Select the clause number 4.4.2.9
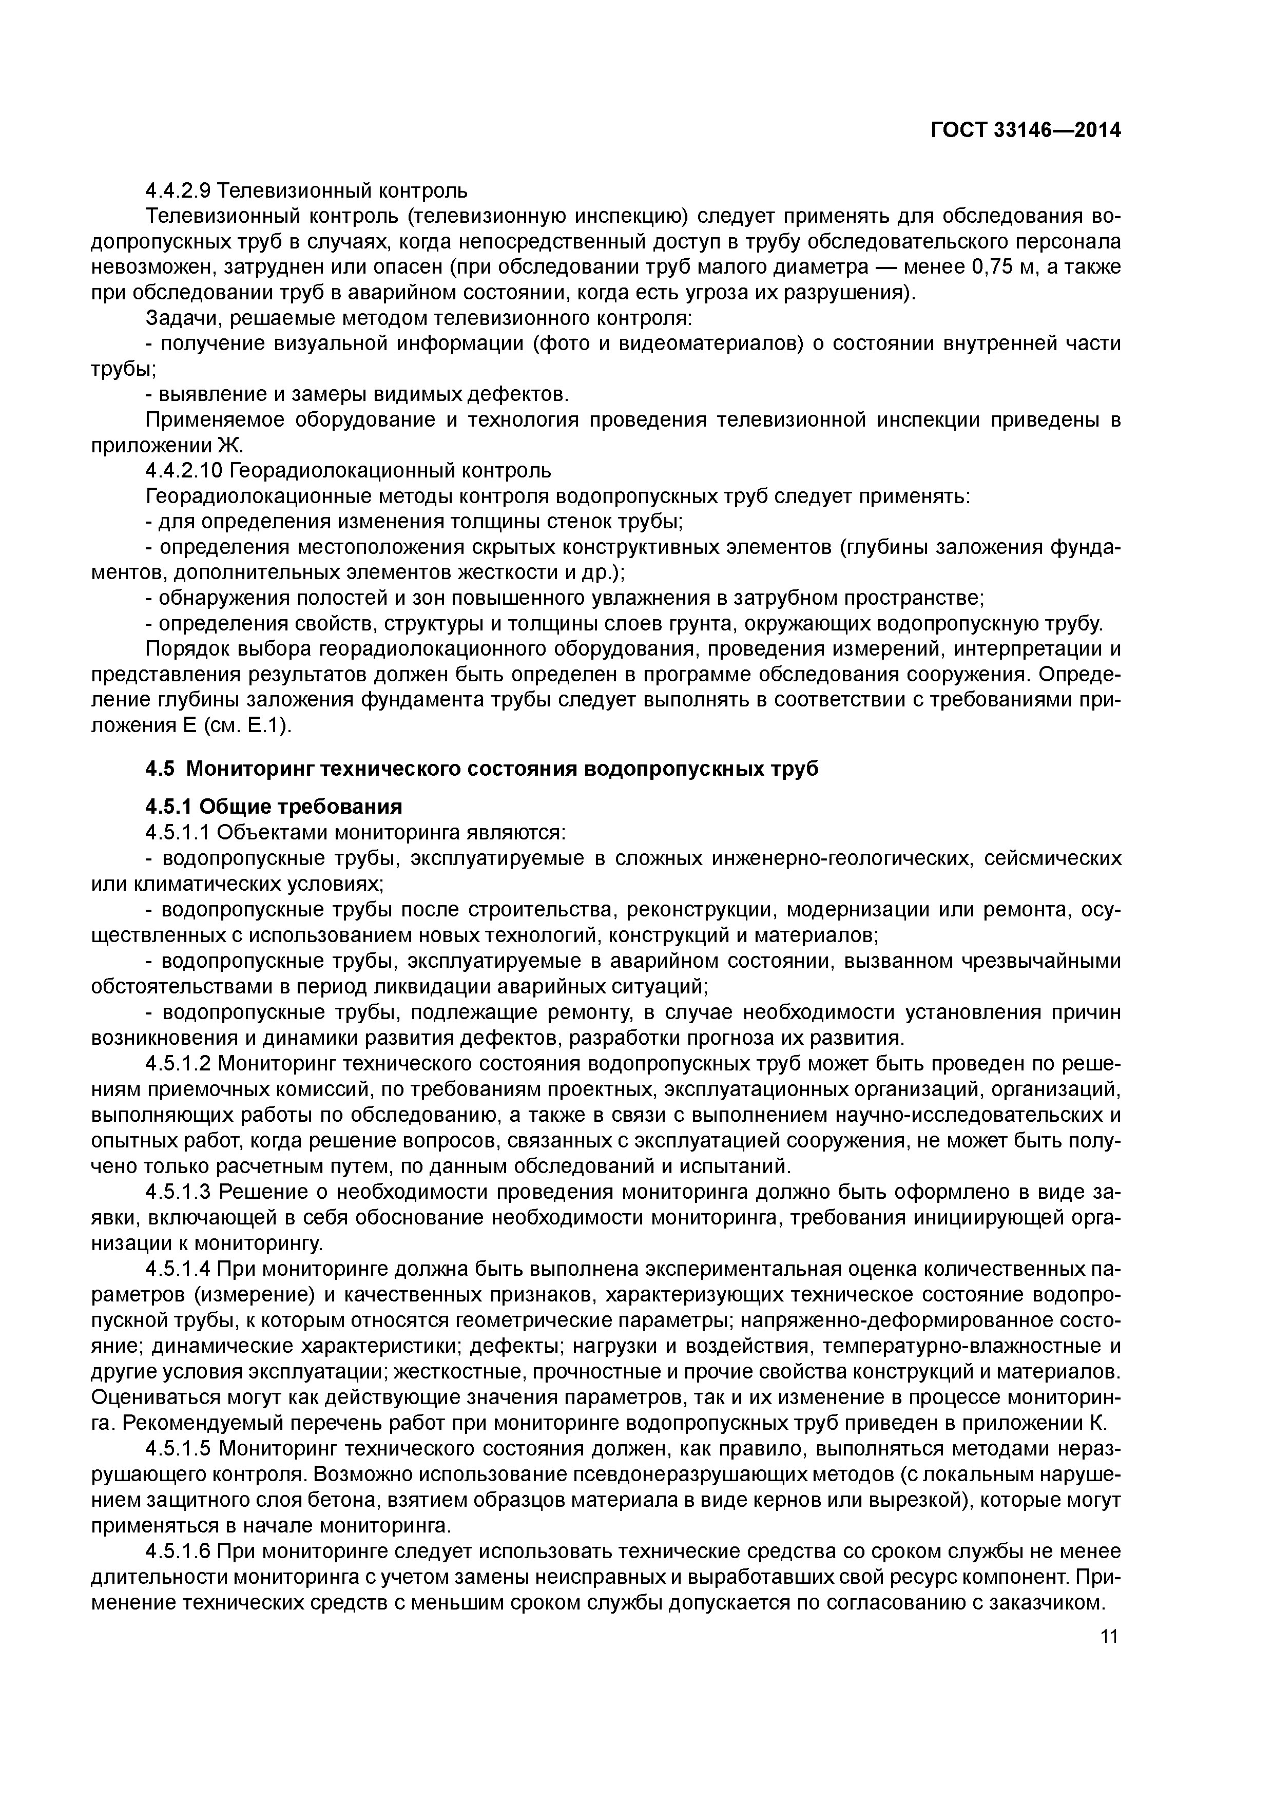tap(178, 190)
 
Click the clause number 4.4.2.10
tap(184, 471)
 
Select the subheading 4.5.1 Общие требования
tap(274, 807)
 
